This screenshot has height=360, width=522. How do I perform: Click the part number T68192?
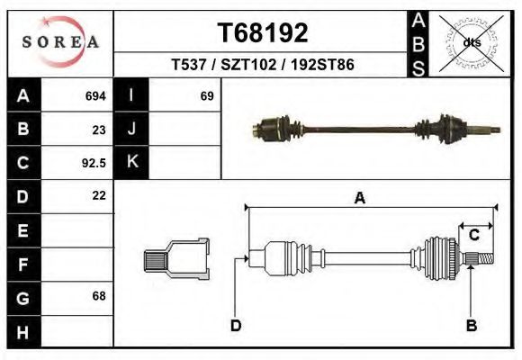pos(263,33)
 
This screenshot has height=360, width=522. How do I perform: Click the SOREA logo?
pos(60,41)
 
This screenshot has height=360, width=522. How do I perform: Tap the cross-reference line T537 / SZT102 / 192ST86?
pos(263,66)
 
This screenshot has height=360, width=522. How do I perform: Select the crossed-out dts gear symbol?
pos(471,40)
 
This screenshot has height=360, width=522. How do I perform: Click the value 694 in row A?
pos(95,95)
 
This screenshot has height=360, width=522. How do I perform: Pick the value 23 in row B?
pos(99,129)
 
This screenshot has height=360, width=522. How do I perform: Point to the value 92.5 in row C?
pos(94,163)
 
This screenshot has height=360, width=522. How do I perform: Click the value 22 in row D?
pos(99,195)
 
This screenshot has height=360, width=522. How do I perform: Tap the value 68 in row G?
pos(99,296)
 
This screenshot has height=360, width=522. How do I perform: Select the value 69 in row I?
pos(206,95)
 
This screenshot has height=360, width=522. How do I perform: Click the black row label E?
pos(23,230)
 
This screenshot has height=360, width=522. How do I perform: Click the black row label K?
pos(131,162)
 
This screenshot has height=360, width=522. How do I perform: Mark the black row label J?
pos(131,129)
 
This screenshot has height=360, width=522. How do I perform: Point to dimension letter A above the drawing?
pos(359,199)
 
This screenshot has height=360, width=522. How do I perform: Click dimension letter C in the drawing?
pos(474,236)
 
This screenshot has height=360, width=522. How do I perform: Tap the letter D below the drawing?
pos(236,325)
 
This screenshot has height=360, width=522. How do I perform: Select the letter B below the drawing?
pos(471,325)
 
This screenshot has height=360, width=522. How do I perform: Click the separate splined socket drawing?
pos(176,260)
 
